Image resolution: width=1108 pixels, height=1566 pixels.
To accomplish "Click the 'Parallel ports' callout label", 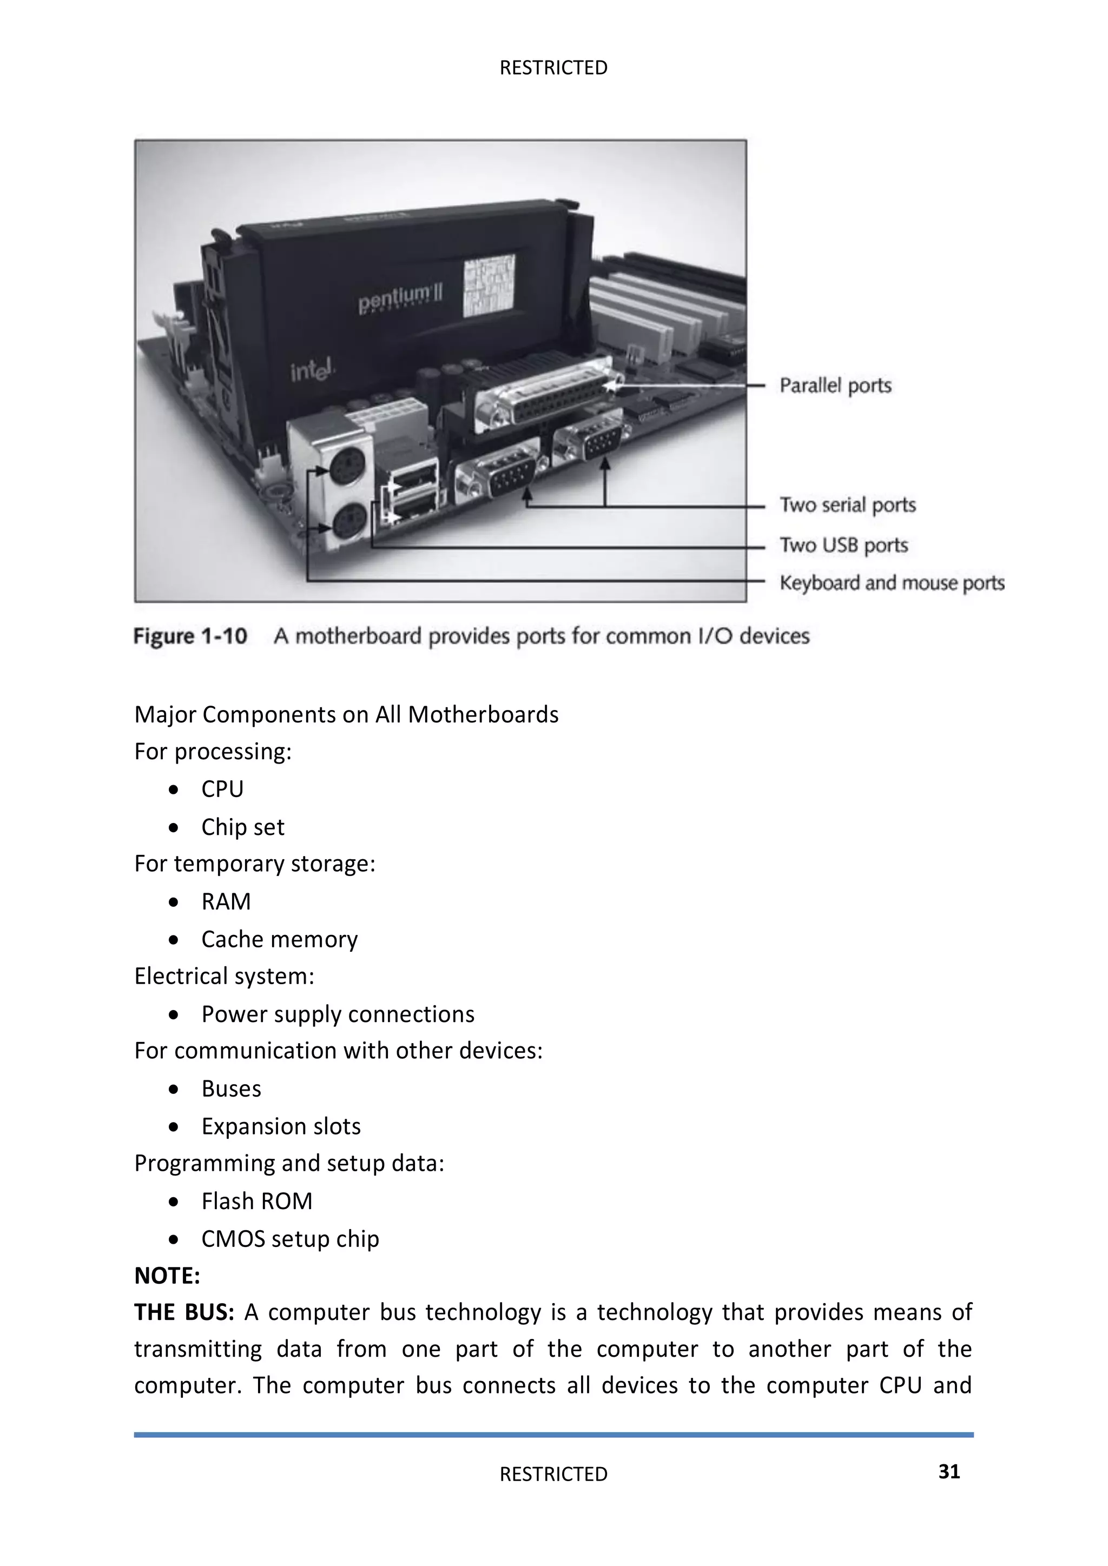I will [x=835, y=386].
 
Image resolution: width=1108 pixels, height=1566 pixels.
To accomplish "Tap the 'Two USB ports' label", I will [x=844, y=545].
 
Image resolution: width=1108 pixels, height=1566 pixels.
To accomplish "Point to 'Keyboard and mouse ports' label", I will [x=892, y=583].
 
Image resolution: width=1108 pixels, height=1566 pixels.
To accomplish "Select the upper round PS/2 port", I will [x=348, y=469].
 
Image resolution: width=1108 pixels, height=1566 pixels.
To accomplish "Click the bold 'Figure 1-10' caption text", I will [x=190, y=636].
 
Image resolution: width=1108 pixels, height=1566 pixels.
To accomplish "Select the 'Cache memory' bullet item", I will [x=279, y=939].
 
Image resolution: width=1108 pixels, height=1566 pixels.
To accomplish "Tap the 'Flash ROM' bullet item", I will [x=256, y=1201].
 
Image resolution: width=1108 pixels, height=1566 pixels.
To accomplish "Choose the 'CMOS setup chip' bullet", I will [x=290, y=1239].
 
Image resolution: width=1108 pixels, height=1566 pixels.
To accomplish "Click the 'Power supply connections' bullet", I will [x=338, y=1014].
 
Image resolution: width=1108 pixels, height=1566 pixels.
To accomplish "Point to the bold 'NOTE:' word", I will [x=167, y=1276].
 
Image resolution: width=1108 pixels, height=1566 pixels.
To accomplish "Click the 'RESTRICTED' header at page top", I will [x=553, y=68].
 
